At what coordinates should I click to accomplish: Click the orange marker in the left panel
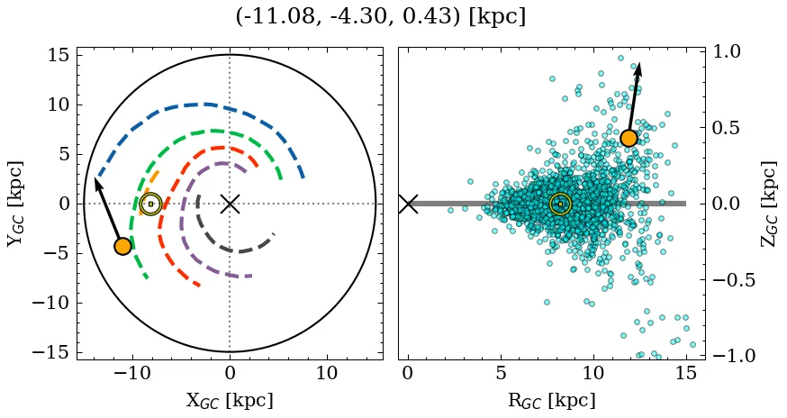click(123, 246)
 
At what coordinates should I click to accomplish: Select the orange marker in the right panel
click(629, 138)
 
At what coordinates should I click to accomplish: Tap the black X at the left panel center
click(230, 204)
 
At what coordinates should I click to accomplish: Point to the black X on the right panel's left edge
click(408, 204)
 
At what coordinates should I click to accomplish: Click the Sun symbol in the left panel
click(150, 204)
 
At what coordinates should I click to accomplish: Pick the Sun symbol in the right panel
click(560, 204)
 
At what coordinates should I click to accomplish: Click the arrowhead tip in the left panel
click(95, 178)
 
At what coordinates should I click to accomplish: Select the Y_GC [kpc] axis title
click(15, 204)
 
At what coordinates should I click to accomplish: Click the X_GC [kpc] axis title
click(230, 401)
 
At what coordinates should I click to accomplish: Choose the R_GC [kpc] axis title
click(552, 401)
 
